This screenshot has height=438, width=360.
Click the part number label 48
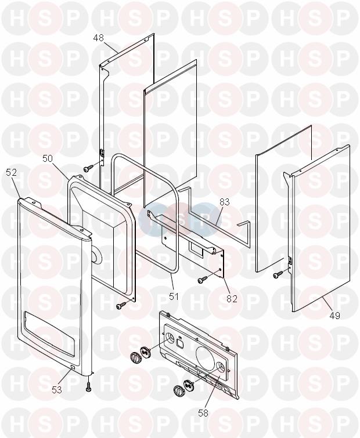tap(99, 38)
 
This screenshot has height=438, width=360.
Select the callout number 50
tap(48, 158)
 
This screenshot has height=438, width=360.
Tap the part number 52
tap(12, 173)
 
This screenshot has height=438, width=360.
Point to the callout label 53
tap(57, 389)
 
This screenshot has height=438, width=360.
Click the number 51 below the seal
tap(174, 296)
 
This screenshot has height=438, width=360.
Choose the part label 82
tap(232, 299)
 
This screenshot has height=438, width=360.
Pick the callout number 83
tap(225, 202)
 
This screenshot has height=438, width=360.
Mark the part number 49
tap(334, 316)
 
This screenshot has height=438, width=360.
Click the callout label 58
tap(203, 413)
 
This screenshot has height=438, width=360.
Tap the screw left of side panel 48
tap(88, 168)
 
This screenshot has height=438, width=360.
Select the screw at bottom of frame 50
tap(121, 306)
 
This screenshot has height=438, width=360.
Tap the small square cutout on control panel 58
tap(180, 342)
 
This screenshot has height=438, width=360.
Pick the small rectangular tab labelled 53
tap(73, 368)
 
